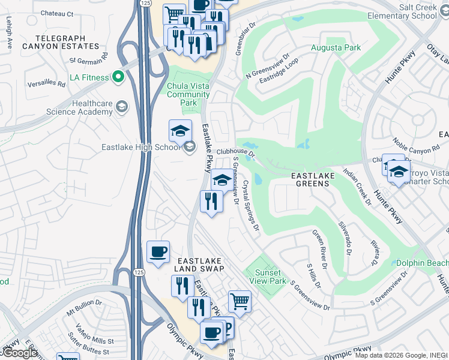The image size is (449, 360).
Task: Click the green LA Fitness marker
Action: [118, 77]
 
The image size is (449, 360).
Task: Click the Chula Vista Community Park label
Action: [188, 94]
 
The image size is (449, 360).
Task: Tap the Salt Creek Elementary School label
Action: [417, 11]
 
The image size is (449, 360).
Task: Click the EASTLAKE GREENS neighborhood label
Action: [310, 179]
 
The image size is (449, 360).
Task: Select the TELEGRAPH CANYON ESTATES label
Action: [53, 41]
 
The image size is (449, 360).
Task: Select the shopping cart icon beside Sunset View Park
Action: [240, 301]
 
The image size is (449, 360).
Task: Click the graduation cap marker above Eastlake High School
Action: [180, 131]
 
